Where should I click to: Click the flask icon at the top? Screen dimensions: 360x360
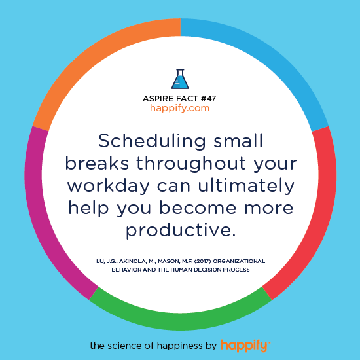tap(180, 79)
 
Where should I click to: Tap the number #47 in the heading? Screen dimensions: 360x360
tap(208, 99)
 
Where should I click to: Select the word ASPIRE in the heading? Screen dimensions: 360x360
tap(158, 99)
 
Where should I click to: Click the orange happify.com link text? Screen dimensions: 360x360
tap(180, 109)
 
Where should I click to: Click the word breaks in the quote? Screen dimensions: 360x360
tap(97, 162)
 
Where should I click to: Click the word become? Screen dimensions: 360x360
tap(198, 207)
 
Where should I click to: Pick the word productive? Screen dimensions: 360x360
tap(181, 231)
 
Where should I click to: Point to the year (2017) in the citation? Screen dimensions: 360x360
tap(203, 261)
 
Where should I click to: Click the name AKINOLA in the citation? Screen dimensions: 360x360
tap(132, 262)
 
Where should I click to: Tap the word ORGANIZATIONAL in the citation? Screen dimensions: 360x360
tap(241, 261)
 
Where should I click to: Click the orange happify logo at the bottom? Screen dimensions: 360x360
tap(245, 346)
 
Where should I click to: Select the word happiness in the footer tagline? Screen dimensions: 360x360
tap(177, 346)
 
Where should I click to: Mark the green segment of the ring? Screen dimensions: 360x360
tap(181, 321)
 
